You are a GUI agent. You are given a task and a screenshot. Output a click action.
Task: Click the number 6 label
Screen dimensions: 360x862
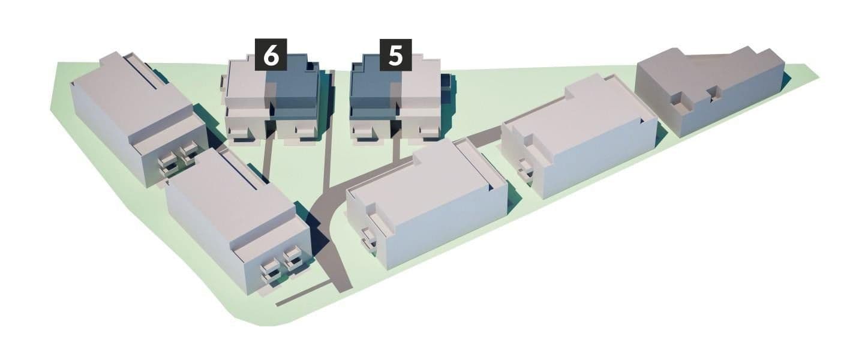[271, 55]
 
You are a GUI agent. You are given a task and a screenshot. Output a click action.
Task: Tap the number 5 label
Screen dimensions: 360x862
[395, 55]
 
